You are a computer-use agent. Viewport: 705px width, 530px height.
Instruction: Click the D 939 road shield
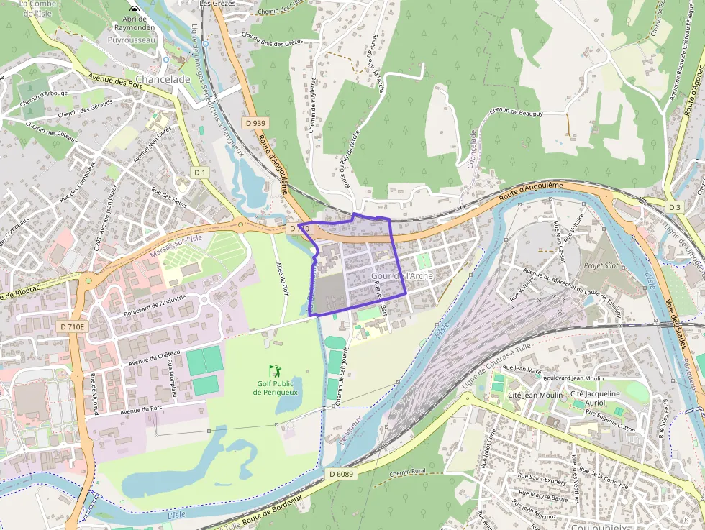254,123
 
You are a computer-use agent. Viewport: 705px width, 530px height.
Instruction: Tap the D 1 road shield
199,173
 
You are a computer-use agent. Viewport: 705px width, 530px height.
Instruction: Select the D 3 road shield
674,207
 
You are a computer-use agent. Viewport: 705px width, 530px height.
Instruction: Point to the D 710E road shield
72,326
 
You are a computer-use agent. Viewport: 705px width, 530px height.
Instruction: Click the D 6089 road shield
342,474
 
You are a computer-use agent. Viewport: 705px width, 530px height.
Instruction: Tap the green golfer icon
275,371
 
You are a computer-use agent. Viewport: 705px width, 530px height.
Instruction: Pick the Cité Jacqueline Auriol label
594,398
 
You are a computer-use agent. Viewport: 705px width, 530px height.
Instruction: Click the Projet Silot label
601,265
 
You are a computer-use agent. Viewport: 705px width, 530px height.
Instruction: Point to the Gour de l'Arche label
402,276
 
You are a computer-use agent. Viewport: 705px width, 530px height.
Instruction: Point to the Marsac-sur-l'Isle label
176,247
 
